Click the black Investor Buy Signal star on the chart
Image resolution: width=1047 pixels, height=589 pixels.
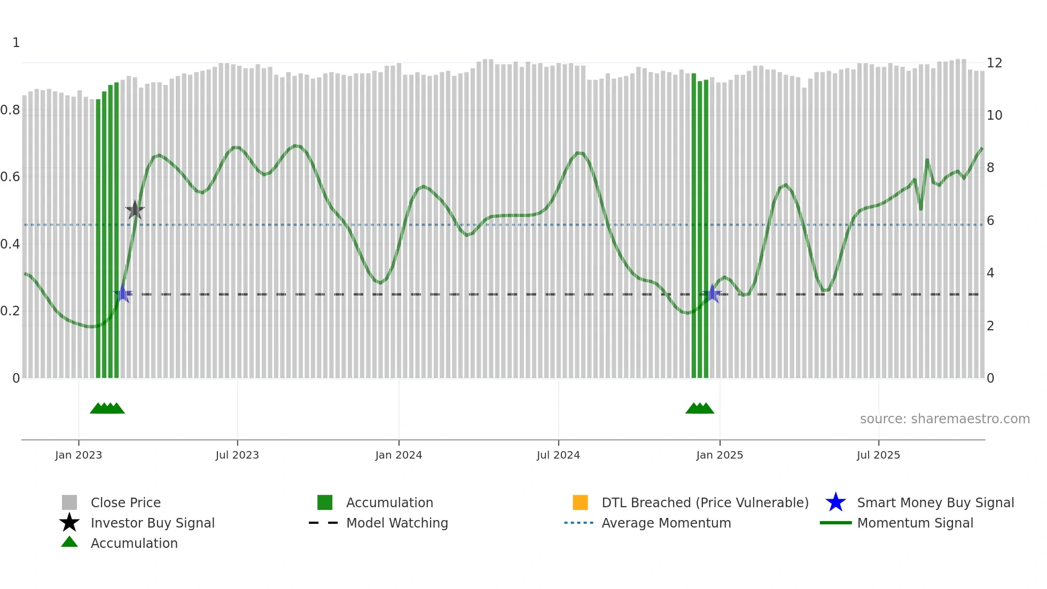tap(135, 210)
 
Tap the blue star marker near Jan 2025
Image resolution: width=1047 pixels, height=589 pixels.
tap(712, 293)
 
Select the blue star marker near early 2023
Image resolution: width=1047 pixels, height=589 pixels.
tap(123, 293)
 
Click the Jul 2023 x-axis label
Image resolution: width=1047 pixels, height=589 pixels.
tap(237, 455)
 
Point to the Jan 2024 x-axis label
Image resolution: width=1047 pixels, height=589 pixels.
tap(399, 455)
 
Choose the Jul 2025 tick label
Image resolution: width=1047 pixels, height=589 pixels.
tap(878, 455)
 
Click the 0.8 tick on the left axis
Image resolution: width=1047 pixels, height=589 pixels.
tap(10, 110)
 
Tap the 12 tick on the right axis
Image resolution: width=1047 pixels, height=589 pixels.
tap(994, 63)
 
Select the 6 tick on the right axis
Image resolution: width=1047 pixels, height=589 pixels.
tap(990, 221)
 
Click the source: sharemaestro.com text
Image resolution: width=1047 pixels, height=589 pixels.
tap(944, 419)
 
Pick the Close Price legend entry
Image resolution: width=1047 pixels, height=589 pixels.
tap(126, 502)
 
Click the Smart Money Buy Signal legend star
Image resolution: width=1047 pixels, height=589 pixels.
tap(835, 502)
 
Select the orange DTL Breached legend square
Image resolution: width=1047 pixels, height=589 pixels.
tap(580, 502)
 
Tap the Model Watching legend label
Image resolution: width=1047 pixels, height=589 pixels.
tap(397, 523)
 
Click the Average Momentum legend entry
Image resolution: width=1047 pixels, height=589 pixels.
tap(666, 523)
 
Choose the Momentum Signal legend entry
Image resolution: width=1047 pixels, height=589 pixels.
tap(915, 523)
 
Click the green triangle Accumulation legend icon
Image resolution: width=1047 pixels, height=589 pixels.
tap(69, 542)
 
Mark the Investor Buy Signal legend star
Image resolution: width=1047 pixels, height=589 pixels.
tap(69, 523)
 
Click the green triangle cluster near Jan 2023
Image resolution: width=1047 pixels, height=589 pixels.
tap(107, 408)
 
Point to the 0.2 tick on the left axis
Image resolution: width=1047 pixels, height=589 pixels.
tap(10, 311)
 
